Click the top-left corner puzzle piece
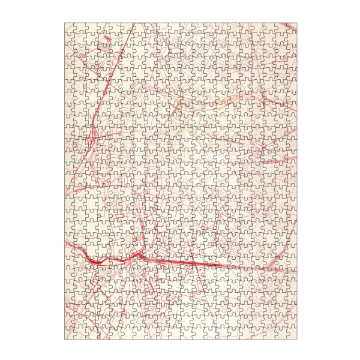pos(70,29)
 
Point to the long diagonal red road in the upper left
pos(111,78)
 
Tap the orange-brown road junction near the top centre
pos(175,105)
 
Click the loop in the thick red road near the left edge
pos(96,261)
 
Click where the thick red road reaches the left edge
pos(65,240)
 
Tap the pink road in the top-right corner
pos(282,36)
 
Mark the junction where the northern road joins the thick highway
pos(139,254)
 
